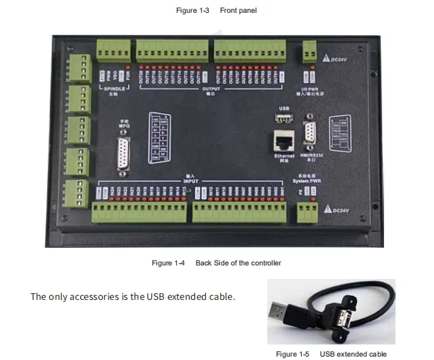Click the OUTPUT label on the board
click(x=211, y=88)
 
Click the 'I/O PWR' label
click(x=310, y=88)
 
